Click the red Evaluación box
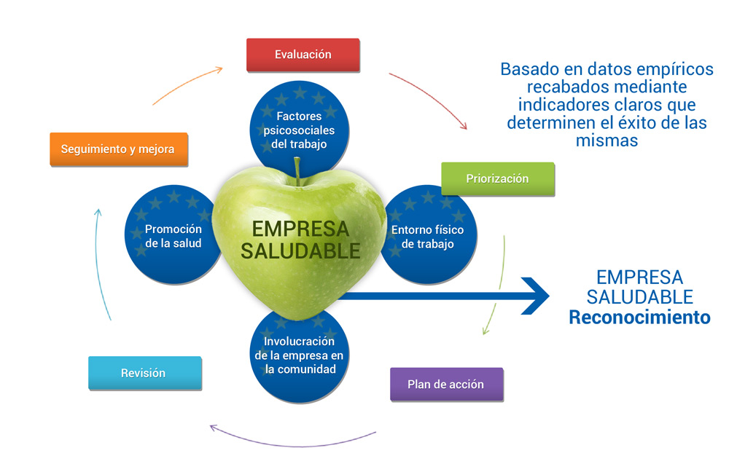click(x=303, y=55)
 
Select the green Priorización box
click(x=497, y=178)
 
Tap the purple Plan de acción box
click(x=445, y=384)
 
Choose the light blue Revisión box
click(x=144, y=373)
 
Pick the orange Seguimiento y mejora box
click(x=117, y=149)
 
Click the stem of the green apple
click(x=297, y=169)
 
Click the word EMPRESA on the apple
click(x=300, y=229)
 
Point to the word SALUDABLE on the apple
click(x=300, y=251)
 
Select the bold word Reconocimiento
click(x=639, y=318)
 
